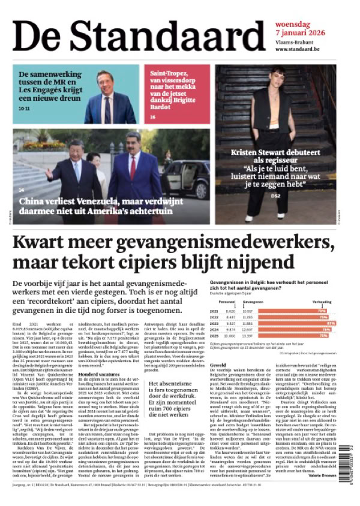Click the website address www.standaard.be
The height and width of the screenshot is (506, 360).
[302, 49]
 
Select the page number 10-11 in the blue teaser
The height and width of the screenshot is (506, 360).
[24, 109]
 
